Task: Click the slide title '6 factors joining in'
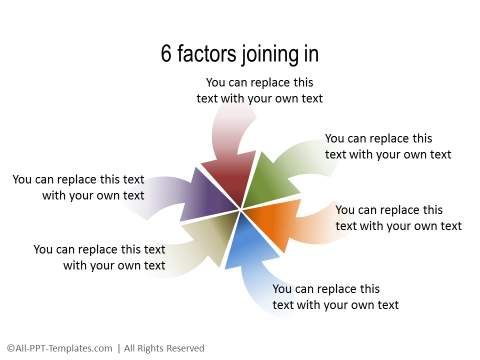240,53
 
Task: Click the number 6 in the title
167,53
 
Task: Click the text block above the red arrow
259,90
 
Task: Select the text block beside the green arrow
387,146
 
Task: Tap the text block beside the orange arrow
398,217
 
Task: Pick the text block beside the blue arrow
335,296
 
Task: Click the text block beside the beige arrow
99,257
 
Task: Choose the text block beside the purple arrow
78,187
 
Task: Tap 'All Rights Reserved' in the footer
164,348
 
